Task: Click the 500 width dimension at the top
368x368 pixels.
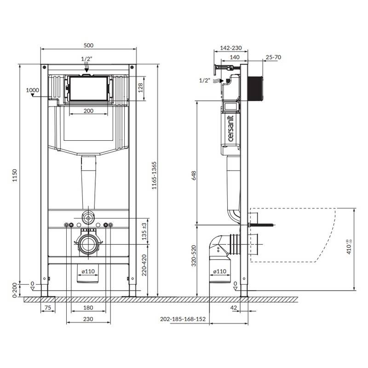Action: [88, 45]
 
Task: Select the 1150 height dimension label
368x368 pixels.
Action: [15, 175]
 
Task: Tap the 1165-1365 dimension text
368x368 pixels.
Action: [154, 176]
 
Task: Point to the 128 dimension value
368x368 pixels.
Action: [140, 88]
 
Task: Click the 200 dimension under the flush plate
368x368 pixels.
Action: [88, 111]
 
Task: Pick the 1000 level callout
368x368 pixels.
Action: [32, 90]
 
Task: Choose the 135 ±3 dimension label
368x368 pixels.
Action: [144, 231]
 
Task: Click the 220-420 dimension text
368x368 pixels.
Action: [144, 265]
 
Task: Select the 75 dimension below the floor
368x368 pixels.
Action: [48, 308]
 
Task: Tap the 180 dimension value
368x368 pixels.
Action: [88, 308]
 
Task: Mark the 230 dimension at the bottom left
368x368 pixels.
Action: [88, 319]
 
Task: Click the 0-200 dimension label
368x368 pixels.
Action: [15, 290]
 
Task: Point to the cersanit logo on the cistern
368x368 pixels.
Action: [230, 129]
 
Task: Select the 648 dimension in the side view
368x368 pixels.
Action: [194, 176]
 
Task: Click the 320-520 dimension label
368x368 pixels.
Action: [194, 256]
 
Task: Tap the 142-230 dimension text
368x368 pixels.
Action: [231, 48]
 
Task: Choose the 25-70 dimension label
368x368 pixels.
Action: [273, 57]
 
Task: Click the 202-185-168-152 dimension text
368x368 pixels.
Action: [183, 319]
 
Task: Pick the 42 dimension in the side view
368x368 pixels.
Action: [234, 308]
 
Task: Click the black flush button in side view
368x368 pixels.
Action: [256, 88]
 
